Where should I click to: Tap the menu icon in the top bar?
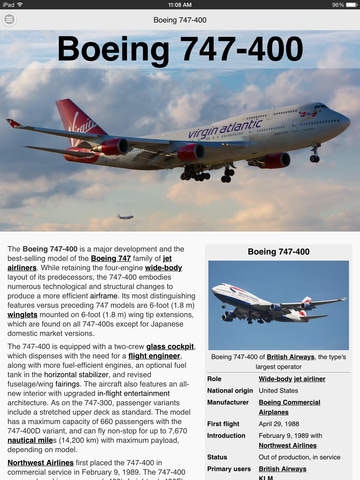(10, 19)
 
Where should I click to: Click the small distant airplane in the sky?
(124, 216)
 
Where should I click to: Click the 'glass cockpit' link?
(169, 346)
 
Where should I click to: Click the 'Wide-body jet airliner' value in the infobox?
(289, 379)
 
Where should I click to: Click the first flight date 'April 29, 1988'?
(284, 424)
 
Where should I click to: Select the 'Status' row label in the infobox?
(217, 457)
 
